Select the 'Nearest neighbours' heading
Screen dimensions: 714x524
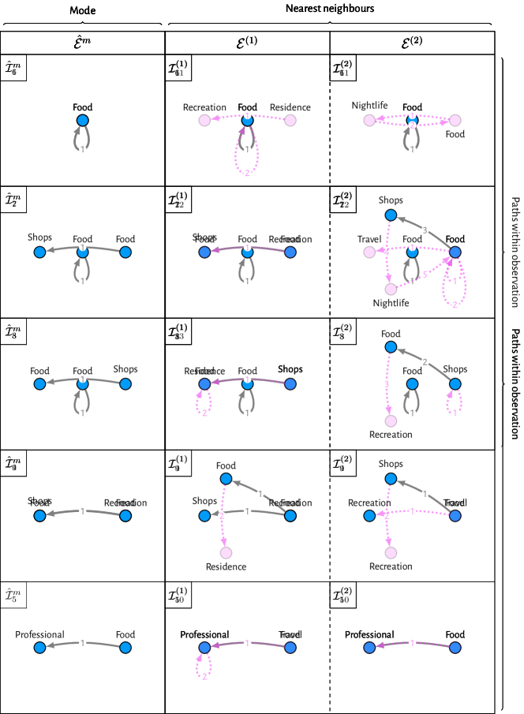pos(329,8)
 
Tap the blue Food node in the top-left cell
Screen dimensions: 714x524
pos(82,120)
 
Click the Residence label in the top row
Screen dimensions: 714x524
pos(290,107)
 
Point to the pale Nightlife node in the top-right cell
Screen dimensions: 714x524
pos(369,120)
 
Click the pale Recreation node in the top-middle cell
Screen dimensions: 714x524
pos(204,120)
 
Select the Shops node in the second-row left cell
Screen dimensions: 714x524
pos(39,252)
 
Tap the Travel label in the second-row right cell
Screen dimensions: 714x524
pos(369,239)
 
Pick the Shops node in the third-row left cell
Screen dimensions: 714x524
pos(124,384)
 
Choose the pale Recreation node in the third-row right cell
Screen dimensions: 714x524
pos(390,421)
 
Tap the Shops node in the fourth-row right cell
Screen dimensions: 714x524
pos(390,479)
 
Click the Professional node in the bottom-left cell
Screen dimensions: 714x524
pos(39,647)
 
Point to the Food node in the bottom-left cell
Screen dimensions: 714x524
pos(124,647)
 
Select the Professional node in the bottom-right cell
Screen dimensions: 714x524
pos(369,647)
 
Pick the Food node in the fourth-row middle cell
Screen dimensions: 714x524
pos(226,479)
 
